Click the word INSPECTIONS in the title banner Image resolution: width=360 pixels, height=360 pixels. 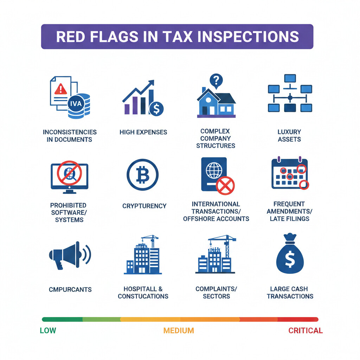pos(251,37)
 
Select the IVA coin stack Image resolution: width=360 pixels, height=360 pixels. pos(79,105)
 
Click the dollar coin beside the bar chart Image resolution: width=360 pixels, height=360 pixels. pos(156,109)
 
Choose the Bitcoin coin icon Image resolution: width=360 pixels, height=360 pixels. pos(142,175)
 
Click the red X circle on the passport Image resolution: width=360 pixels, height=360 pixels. pos(225,185)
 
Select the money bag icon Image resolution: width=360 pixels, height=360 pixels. pos(290,254)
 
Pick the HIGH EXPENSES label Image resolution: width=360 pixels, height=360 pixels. pos(143,132)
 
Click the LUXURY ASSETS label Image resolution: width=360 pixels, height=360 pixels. pos(289,135)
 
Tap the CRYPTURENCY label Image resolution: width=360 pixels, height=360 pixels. pos(144,206)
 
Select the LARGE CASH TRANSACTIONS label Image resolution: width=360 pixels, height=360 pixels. pos(290,292)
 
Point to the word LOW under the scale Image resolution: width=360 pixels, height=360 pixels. pos(48,330)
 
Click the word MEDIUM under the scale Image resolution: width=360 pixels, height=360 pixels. pos(178,330)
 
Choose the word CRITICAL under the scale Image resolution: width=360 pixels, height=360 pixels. pos(305,330)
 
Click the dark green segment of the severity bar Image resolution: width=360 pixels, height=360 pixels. pos(62,319)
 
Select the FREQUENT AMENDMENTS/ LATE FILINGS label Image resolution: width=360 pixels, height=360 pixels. pos(289,211)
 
